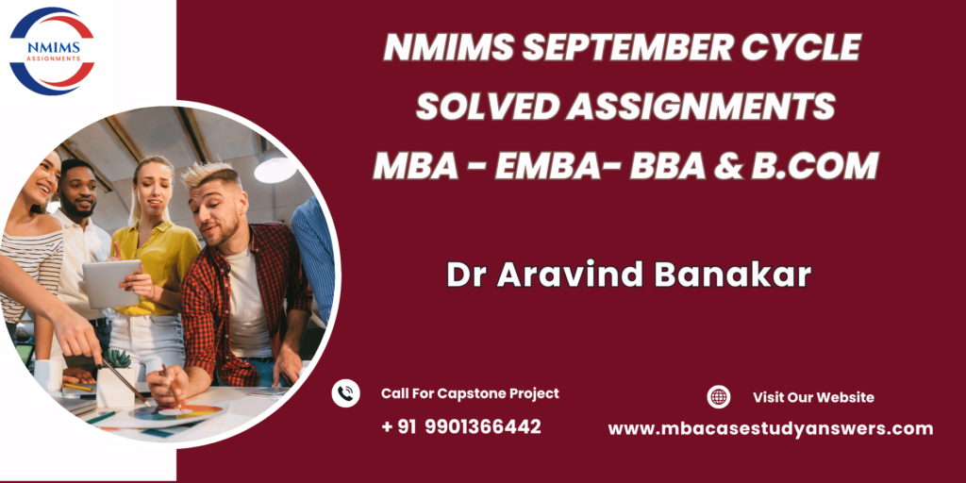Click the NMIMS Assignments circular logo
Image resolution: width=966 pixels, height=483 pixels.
click(x=53, y=51)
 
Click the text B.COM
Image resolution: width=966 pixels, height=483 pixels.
click(x=814, y=165)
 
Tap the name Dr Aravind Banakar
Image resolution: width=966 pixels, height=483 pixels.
click(x=628, y=275)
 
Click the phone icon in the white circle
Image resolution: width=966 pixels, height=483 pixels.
click(x=345, y=393)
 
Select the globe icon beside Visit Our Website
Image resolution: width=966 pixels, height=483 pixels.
click(x=718, y=397)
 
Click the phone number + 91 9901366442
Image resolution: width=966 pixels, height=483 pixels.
click(x=461, y=426)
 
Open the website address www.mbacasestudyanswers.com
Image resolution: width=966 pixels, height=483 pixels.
click(x=770, y=429)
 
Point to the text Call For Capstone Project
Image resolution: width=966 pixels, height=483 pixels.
click(x=470, y=393)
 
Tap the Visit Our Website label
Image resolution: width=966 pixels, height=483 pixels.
click(x=813, y=397)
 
